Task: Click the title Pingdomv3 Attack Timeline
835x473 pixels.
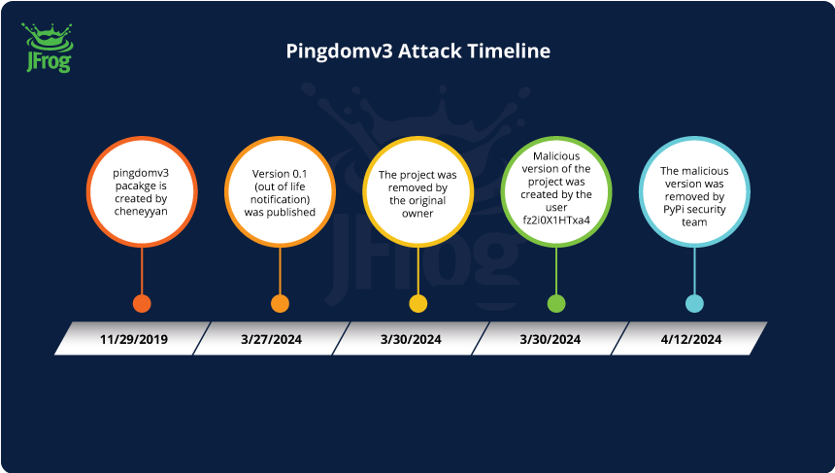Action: click(x=417, y=51)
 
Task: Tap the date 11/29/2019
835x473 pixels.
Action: click(x=134, y=339)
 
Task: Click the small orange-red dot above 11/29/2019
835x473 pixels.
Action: click(x=142, y=303)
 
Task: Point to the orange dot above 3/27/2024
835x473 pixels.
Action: click(x=280, y=303)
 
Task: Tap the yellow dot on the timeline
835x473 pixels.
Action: click(x=417, y=303)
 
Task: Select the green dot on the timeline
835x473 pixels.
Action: click(x=556, y=303)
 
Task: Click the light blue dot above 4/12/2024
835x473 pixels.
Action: click(x=694, y=303)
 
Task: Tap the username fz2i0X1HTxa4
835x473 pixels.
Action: click(x=556, y=220)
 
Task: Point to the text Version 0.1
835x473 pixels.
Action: click(x=280, y=174)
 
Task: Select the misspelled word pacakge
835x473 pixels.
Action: click(x=142, y=186)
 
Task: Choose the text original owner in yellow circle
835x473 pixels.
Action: click(x=417, y=207)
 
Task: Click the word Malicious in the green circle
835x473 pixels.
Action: click(x=556, y=155)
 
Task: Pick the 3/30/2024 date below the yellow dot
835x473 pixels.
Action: click(x=412, y=339)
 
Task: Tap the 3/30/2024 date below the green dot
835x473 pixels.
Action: click(x=551, y=339)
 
